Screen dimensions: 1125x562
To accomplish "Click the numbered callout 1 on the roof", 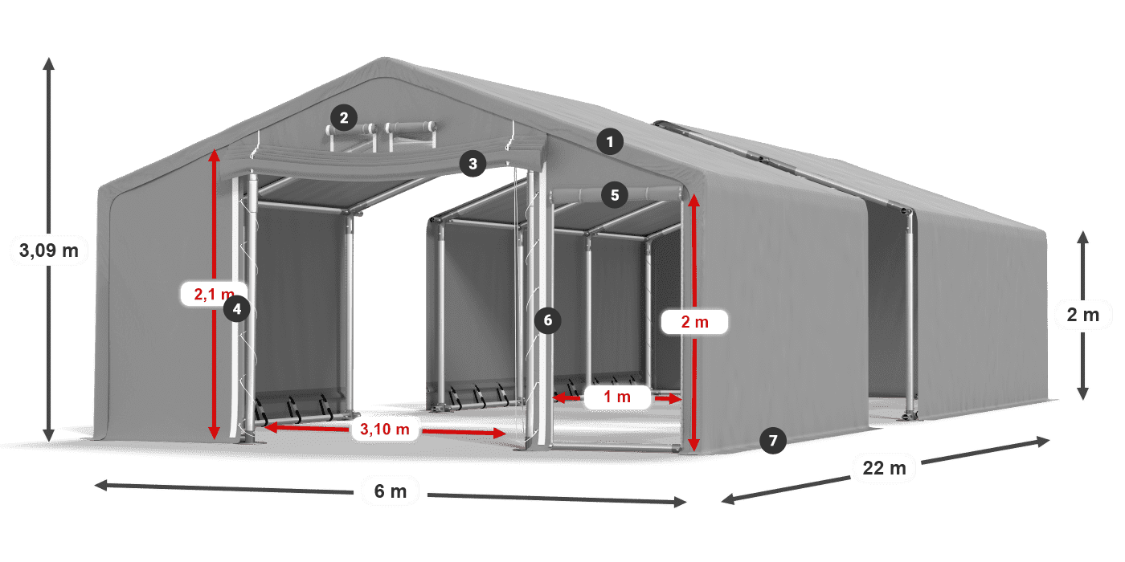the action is [610, 142].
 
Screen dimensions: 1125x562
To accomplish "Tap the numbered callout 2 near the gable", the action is [344, 118].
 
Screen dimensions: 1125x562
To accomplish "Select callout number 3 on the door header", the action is [472, 164].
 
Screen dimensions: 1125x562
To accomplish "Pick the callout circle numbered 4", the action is [236, 308].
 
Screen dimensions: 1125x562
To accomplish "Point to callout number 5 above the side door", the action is [614, 195].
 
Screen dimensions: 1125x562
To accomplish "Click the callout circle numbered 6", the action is [547, 320].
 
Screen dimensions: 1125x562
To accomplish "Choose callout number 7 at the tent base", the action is [773, 441].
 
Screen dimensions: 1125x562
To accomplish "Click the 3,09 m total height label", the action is [49, 250].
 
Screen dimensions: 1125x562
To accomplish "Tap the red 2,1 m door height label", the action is [214, 294].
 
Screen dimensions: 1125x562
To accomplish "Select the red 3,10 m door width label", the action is [385, 429].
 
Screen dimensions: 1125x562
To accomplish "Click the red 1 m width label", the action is [617, 397].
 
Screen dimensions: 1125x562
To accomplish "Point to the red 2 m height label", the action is [694, 322].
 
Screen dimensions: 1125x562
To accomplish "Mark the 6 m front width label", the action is [391, 491].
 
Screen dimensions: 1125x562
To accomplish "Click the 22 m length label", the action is [885, 468].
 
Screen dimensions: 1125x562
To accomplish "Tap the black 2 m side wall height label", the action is [1083, 315].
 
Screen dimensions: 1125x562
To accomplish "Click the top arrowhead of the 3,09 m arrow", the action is [49, 58].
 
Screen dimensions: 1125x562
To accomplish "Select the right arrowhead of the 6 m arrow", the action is [685, 502].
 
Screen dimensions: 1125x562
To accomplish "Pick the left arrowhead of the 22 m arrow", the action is [722, 500].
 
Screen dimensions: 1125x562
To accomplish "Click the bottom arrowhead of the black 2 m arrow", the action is [1083, 399].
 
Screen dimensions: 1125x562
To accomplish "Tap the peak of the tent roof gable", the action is [384, 58].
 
